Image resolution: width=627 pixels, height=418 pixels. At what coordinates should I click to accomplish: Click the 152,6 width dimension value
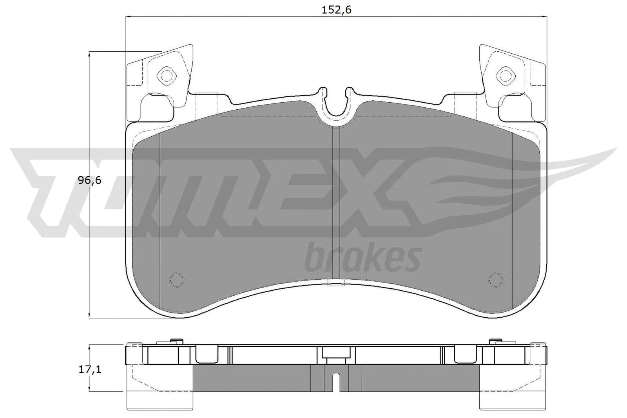pos(336,10)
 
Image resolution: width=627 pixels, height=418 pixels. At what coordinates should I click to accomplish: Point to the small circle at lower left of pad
pos(176,279)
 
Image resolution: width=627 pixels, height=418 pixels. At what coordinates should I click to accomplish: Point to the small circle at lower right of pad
pos(495,279)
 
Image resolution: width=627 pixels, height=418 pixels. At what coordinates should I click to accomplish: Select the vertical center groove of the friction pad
pos(336,204)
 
